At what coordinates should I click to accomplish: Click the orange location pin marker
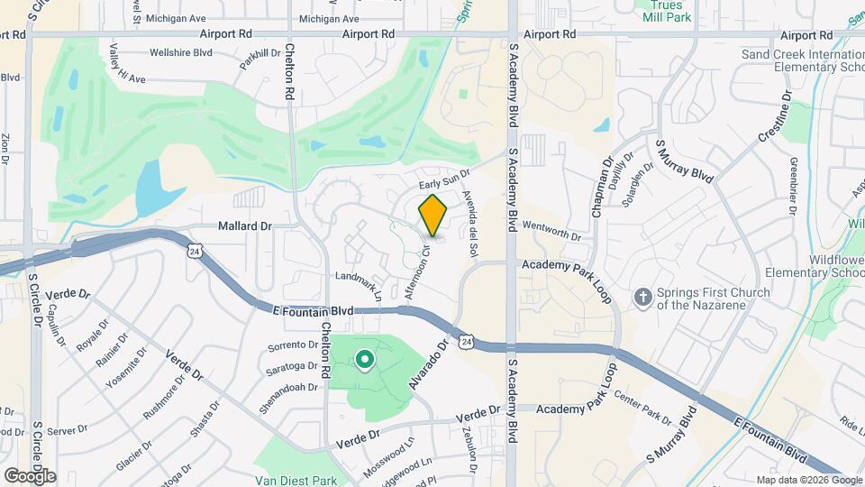pyautogui.click(x=433, y=215)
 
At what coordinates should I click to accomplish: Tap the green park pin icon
pyautogui.click(x=365, y=361)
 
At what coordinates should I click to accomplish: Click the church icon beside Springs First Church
pyautogui.click(x=642, y=297)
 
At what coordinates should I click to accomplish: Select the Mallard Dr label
pyautogui.click(x=245, y=226)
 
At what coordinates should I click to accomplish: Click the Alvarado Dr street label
pyautogui.click(x=429, y=363)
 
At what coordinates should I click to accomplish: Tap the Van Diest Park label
pyautogui.click(x=295, y=481)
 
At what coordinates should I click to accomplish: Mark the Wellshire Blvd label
pyautogui.click(x=181, y=53)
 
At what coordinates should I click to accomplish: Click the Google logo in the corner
pyautogui.click(x=30, y=475)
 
